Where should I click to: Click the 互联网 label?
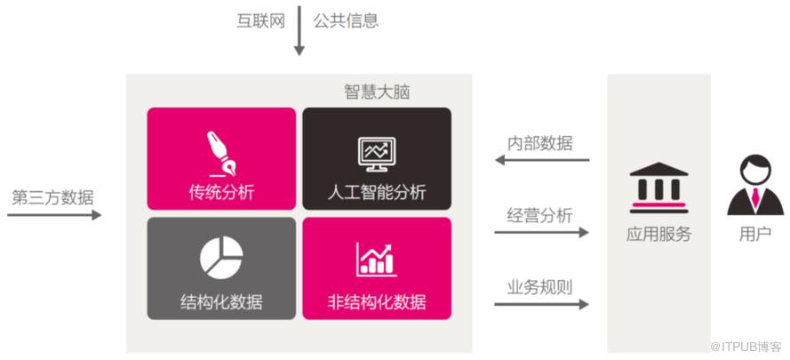[x=261, y=21]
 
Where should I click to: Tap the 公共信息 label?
[x=346, y=21]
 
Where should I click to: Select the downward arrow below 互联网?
[x=299, y=30]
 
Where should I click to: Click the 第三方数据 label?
[x=53, y=197]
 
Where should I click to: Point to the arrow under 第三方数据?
[x=54, y=215]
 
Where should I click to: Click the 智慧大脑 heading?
[x=377, y=92]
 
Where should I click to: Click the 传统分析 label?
[x=221, y=193]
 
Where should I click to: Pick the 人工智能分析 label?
[x=377, y=193]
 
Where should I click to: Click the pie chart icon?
[x=221, y=257]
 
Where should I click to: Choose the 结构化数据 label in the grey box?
[x=221, y=302]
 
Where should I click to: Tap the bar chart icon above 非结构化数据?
[x=377, y=260]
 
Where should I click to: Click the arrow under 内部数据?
[x=542, y=160]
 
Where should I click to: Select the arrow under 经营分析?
[x=541, y=232]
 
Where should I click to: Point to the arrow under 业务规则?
[x=541, y=305]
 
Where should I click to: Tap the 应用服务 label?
[x=659, y=234]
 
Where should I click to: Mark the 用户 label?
[x=755, y=234]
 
